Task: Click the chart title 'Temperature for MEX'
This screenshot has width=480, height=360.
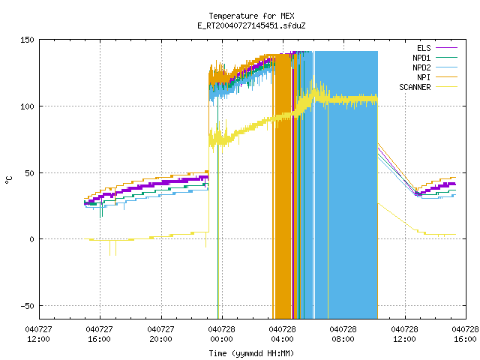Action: pyautogui.click(x=251, y=16)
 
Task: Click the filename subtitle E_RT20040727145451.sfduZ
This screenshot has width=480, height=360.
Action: pyautogui.click(x=251, y=25)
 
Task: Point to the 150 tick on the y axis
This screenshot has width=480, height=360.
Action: pyautogui.click(x=27, y=40)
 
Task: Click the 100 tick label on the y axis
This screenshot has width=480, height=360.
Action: pyautogui.click(x=27, y=106)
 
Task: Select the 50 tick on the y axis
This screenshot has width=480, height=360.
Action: pyautogui.click(x=30, y=173)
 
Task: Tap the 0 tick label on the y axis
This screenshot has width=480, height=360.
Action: pyautogui.click(x=31, y=239)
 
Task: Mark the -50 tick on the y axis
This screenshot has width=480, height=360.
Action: pyautogui.click(x=27, y=306)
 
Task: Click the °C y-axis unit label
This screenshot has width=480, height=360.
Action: pyautogui.click(x=8, y=180)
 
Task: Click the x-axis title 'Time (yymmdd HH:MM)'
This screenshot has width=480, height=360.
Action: pyautogui.click(x=251, y=353)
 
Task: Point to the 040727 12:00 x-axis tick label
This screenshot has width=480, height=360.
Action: pyautogui.click(x=38, y=334)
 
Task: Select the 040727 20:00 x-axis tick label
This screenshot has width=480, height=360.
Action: pyautogui.click(x=160, y=334)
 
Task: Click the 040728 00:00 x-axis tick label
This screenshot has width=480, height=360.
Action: pyautogui.click(x=222, y=334)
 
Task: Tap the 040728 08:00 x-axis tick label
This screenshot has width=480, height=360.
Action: pyautogui.click(x=343, y=334)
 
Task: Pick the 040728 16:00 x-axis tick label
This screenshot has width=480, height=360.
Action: pyautogui.click(x=465, y=334)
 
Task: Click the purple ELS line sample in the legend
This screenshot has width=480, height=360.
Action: pyautogui.click(x=447, y=48)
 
